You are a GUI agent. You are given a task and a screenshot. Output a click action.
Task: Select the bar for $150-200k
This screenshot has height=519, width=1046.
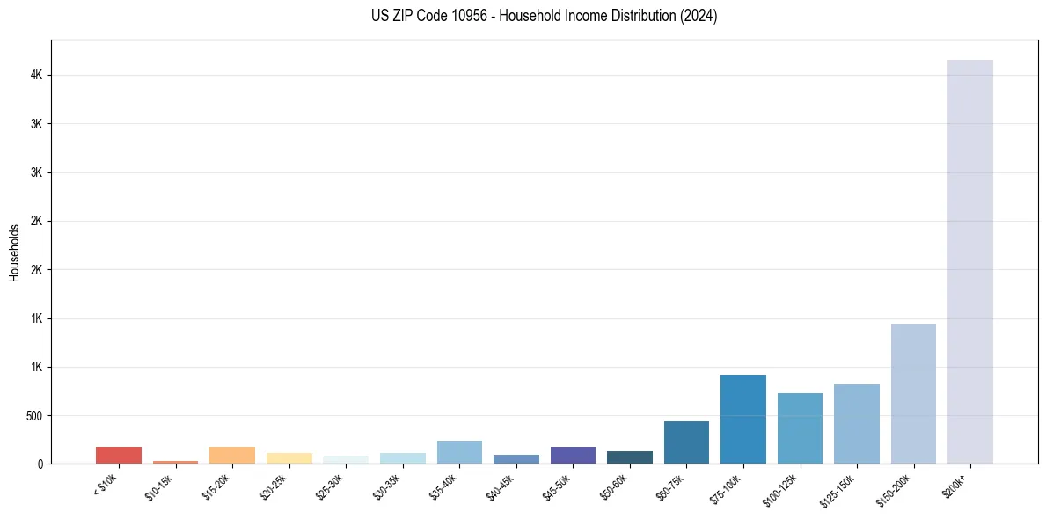pyautogui.click(x=913, y=393)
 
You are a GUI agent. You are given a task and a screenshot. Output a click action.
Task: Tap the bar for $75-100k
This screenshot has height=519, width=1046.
pyautogui.click(x=742, y=419)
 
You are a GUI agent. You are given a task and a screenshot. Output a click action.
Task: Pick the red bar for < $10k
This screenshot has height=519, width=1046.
pyautogui.click(x=119, y=455)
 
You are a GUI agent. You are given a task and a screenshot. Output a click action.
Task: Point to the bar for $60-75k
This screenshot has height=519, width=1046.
pyautogui.click(x=686, y=442)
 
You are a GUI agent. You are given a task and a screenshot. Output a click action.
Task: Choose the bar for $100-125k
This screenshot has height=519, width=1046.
pyautogui.click(x=800, y=428)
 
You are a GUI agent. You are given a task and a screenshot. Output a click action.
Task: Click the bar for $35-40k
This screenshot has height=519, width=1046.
pyautogui.click(x=459, y=452)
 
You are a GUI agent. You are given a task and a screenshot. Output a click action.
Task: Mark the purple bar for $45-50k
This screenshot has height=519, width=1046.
pyautogui.click(x=573, y=455)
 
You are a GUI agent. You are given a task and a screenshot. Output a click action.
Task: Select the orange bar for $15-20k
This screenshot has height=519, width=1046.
pyautogui.click(x=232, y=455)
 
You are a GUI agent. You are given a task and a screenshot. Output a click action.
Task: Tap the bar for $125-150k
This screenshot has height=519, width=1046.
pyautogui.click(x=856, y=424)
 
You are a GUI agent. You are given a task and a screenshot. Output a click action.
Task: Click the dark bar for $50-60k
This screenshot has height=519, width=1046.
pyautogui.click(x=629, y=457)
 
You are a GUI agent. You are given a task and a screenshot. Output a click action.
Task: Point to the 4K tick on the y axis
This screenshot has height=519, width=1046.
pyautogui.click(x=36, y=76)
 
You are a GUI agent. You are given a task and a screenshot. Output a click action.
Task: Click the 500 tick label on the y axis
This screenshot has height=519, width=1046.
pyautogui.click(x=34, y=415)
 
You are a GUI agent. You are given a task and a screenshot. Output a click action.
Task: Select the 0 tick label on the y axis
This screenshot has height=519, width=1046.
pyautogui.click(x=40, y=464)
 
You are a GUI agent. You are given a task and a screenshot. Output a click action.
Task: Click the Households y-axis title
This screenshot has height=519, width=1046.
pyautogui.click(x=14, y=252)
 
